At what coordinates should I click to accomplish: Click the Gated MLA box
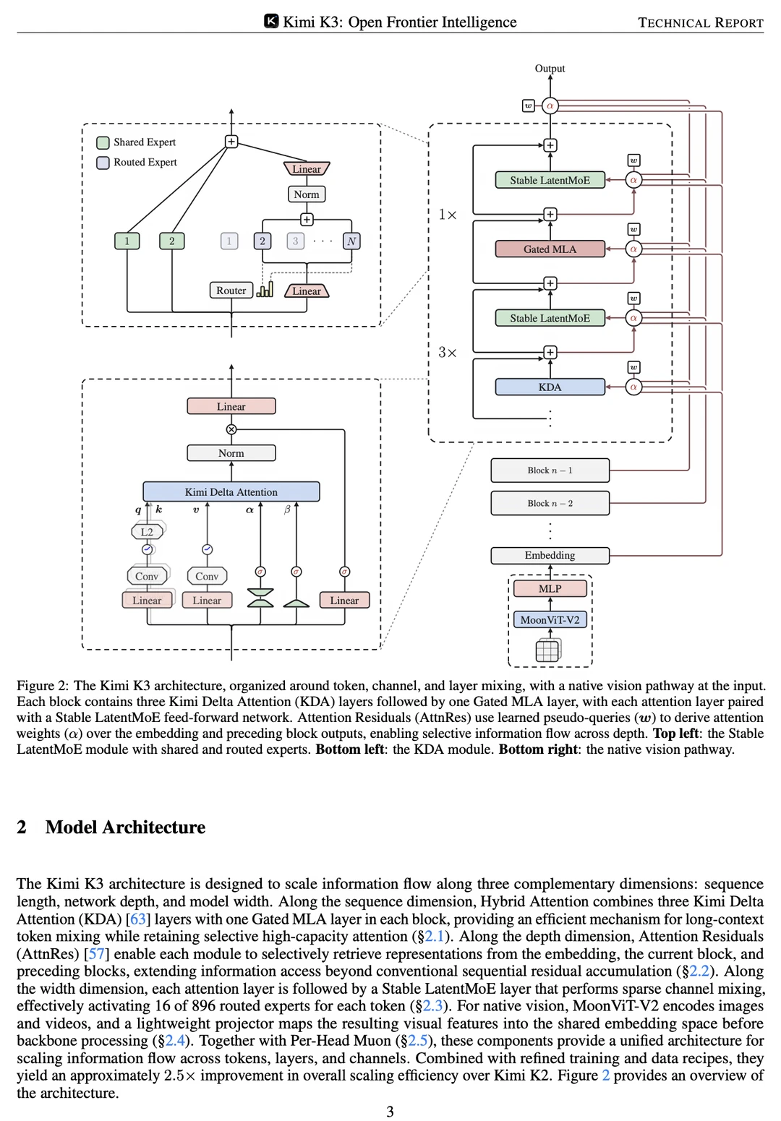pyautogui.click(x=550, y=249)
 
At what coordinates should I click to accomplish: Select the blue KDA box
pyautogui.click(x=550, y=387)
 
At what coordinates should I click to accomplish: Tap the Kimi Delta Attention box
pyautogui.click(x=231, y=492)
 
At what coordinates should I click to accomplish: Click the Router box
pyautogui.click(x=231, y=291)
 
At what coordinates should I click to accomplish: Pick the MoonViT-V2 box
pyautogui.click(x=550, y=620)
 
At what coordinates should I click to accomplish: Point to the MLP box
pyautogui.click(x=550, y=588)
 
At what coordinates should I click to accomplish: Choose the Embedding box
pyautogui.click(x=550, y=556)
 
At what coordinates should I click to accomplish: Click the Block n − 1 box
pyautogui.click(x=550, y=471)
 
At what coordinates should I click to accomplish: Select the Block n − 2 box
pyautogui.click(x=550, y=504)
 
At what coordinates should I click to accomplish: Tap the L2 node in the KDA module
pyautogui.click(x=147, y=531)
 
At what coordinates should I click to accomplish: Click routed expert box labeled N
pyautogui.click(x=351, y=241)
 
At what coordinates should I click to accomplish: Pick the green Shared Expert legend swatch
pyautogui.click(x=103, y=142)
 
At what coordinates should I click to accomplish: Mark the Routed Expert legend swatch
pyautogui.click(x=103, y=163)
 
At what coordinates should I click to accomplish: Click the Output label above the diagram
pyautogui.click(x=550, y=68)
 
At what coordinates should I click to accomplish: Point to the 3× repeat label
pyautogui.click(x=448, y=353)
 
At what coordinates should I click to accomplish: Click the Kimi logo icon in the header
pyautogui.click(x=271, y=21)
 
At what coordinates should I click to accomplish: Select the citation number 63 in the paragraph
pyautogui.click(x=137, y=919)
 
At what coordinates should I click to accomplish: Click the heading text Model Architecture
pyautogui.click(x=125, y=828)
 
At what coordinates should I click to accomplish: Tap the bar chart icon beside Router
pyautogui.click(x=265, y=289)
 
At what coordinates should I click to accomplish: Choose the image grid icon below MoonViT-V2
pyautogui.click(x=548, y=650)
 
